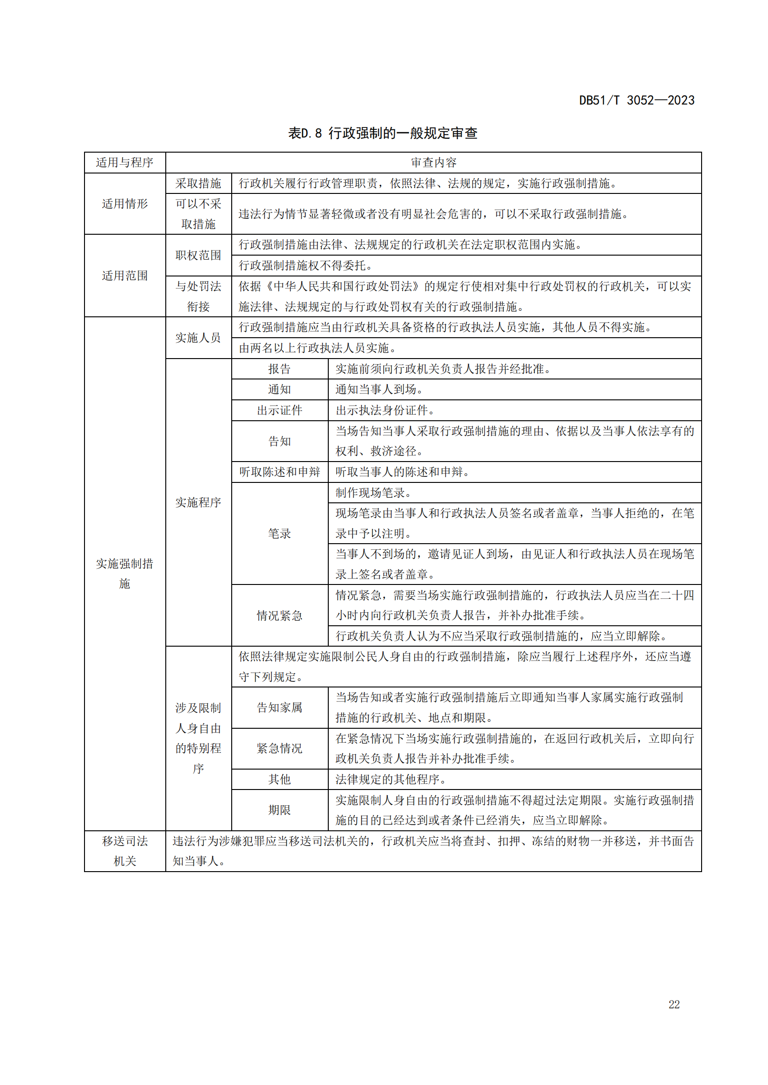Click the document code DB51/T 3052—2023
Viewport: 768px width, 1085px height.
(x=637, y=100)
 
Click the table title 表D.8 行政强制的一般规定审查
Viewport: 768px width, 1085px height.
(x=383, y=133)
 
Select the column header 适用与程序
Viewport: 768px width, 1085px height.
(x=125, y=162)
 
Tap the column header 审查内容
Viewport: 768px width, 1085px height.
(x=433, y=162)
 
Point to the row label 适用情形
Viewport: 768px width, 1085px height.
(x=125, y=204)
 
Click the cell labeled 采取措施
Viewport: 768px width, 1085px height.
(x=198, y=183)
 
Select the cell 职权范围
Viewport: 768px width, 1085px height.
(x=198, y=255)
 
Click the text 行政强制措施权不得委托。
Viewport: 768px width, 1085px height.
(x=306, y=266)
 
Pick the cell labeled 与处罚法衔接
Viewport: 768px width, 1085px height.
(x=198, y=296)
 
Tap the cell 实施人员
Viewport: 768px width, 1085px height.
(x=198, y=337)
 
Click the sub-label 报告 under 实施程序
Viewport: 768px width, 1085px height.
(x=280, y=369)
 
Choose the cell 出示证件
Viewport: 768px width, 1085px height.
(x=280, y=410)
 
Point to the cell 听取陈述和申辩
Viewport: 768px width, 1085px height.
(x=280, y=472)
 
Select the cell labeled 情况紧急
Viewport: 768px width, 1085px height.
(x=280, y=615)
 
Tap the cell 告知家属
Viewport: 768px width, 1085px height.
(x=280, y=707)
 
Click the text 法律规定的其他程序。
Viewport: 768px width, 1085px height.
(x=391, y=779)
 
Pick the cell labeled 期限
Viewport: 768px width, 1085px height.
(x=280, y=810)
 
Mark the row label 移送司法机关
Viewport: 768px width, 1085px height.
(x=125, y=851)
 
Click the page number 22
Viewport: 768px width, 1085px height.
(x=674, y=1005)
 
